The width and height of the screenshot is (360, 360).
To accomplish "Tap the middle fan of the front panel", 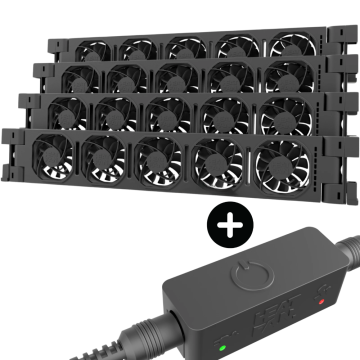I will (x=156, y=160).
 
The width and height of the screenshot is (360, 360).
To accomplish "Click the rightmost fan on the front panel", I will (x=280, y=162).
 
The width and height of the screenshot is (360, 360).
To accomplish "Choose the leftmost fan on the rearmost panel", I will (x=93, y=48).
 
